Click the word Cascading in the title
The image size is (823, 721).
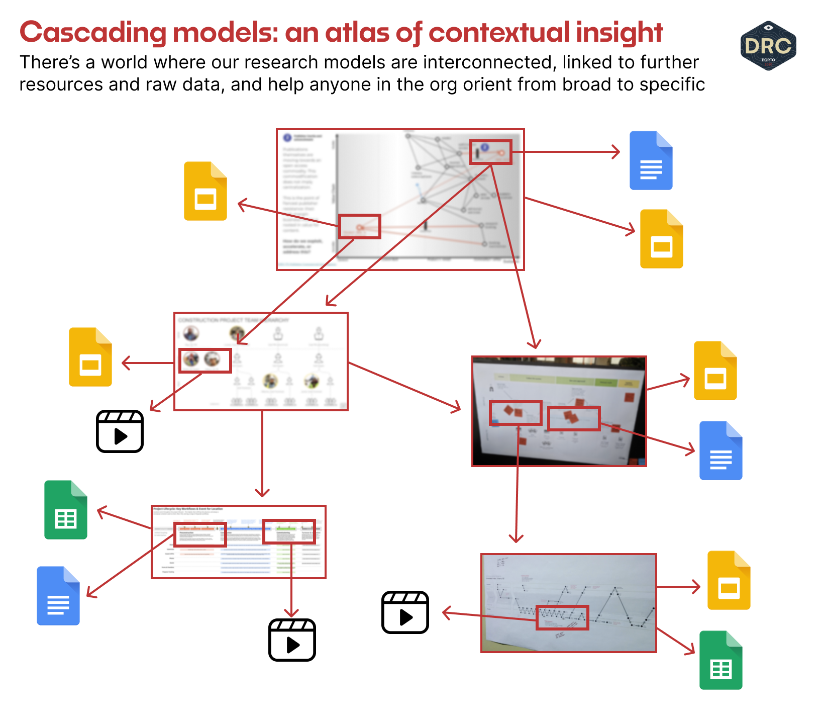pyautogui.click(x=92, y=33)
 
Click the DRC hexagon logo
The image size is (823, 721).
pyautogui.click(x=768, y=46)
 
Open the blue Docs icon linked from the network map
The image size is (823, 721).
pyautogui.click(x=651, y=160)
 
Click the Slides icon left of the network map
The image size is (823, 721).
pyautogui.click(x=205, y=191)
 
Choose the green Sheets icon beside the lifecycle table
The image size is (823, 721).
pyautogui.click(x=66, y=510)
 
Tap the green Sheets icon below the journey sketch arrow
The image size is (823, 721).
pyautogui.click(x=721, y=660)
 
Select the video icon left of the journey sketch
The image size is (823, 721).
pyautogui.click(x=405, y=612)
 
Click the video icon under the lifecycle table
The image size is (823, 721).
pyautogui.click(x=292, y=640)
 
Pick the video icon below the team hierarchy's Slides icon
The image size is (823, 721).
pyautogui.click(x=120, y=431)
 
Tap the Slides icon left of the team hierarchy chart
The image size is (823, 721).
pyautogui.click(x=90, y=357)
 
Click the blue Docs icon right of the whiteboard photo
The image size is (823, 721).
pyautogui.click(x=721, y=450)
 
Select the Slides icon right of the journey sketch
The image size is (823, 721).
pyautogui.click(x=729, y=580)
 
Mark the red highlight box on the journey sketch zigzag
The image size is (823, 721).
pyautogui.click(x=562, y=617)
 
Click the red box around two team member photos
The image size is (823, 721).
pyautogui.click(x=205, y=360)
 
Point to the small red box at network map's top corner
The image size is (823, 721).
pyautogui.click(x=490, y=152)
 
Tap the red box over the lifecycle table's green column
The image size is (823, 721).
pyautogui.click(x=289, y=531)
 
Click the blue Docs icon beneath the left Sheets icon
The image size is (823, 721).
pyautogui.click(x=58, y=596)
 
